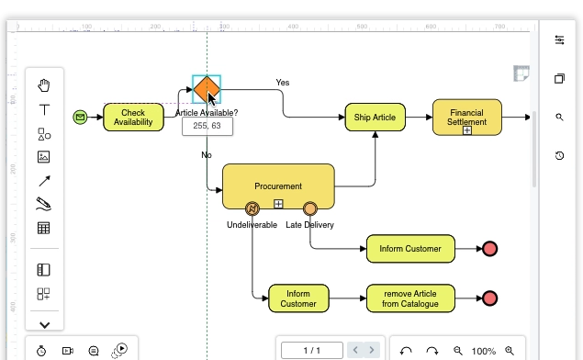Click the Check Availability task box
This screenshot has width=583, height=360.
tap(133, 117)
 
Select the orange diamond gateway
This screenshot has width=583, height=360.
tap(207, 90)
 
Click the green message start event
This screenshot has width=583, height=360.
tap(80, 117)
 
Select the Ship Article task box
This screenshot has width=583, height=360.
tap(375, 117)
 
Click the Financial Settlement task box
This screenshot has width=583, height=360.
tap(466, 117)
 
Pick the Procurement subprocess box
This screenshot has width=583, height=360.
tap(277, 186)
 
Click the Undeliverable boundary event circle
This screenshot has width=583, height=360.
tap(252, 208)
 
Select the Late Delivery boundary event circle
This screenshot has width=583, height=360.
tap(309, 208)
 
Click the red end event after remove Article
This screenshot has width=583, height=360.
tap(489, 298)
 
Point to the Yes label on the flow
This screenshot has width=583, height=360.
tap(283, 83)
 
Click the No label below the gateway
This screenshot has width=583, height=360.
tap(207, 154)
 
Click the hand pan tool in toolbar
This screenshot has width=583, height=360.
tap(44, 86)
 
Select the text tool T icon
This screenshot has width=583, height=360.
tap(44, 110)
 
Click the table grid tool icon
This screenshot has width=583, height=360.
tap(44, 228)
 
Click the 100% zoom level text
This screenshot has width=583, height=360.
tap(483, 351)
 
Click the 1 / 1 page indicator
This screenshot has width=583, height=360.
tap(312, 350)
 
